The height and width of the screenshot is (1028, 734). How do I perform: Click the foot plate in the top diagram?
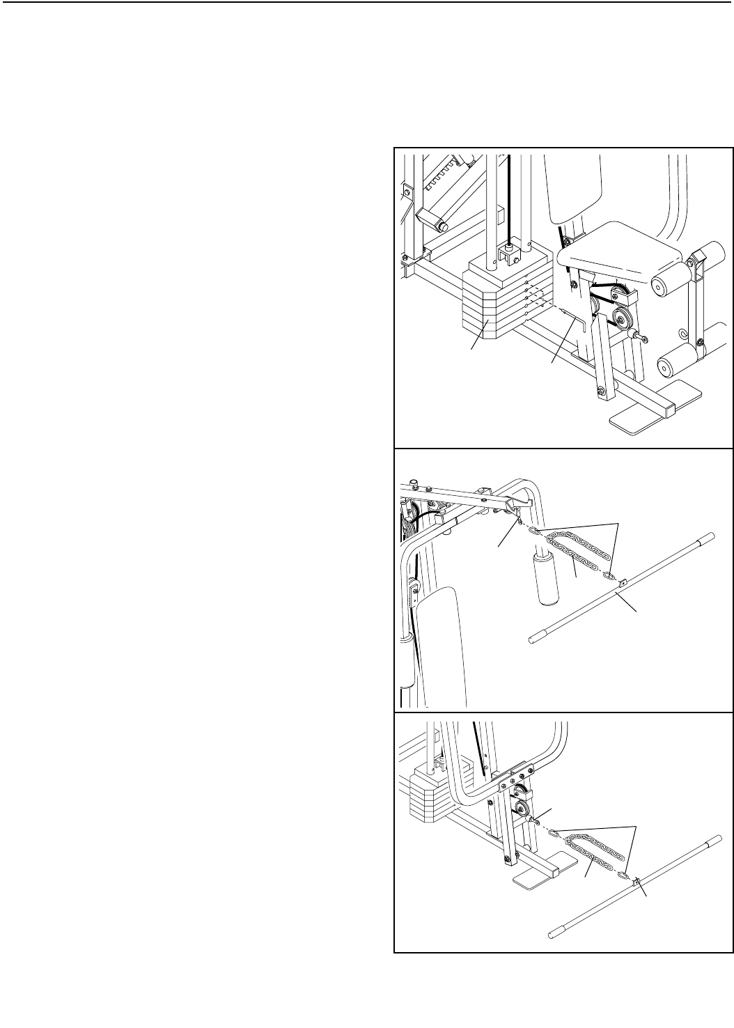645,417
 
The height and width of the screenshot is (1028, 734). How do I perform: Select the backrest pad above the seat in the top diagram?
575,188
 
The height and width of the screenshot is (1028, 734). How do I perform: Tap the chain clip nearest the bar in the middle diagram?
609,577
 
